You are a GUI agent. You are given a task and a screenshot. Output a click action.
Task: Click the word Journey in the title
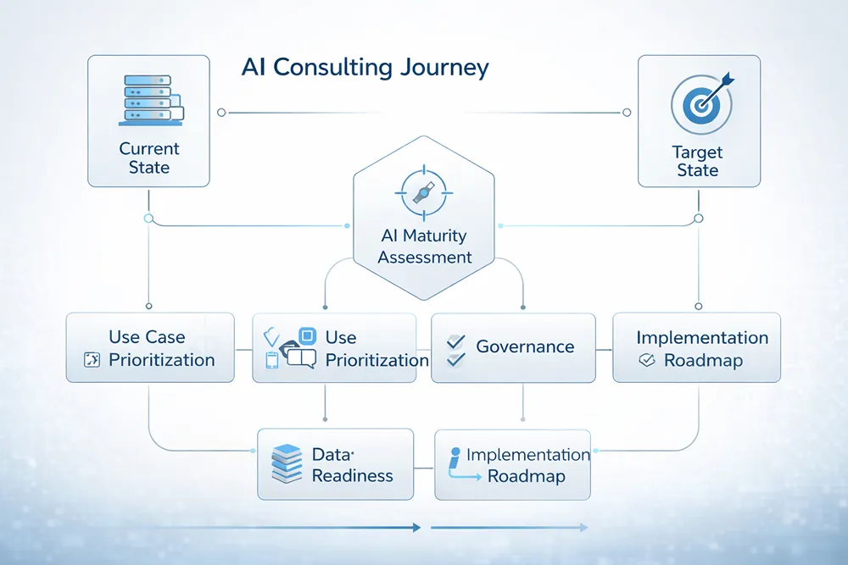(446, 69)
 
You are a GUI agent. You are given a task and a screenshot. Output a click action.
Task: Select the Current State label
(149, 158)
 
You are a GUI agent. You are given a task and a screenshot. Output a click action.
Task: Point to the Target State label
(697, 161)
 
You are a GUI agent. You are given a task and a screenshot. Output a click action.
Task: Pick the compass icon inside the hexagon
(422, 193)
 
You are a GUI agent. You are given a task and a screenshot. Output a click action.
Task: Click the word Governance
(525, 346)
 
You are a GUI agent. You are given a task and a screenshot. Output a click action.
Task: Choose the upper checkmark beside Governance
(456, 341)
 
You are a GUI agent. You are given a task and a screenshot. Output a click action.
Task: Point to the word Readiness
(352, 475)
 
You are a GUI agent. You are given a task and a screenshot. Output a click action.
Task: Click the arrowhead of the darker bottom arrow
(416, 527)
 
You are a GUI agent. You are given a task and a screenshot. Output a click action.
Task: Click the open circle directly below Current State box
(149, 218)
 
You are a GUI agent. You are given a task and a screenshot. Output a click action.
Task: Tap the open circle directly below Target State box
(699, 219)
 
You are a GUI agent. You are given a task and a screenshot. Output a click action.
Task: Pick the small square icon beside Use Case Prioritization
(93, 361)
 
